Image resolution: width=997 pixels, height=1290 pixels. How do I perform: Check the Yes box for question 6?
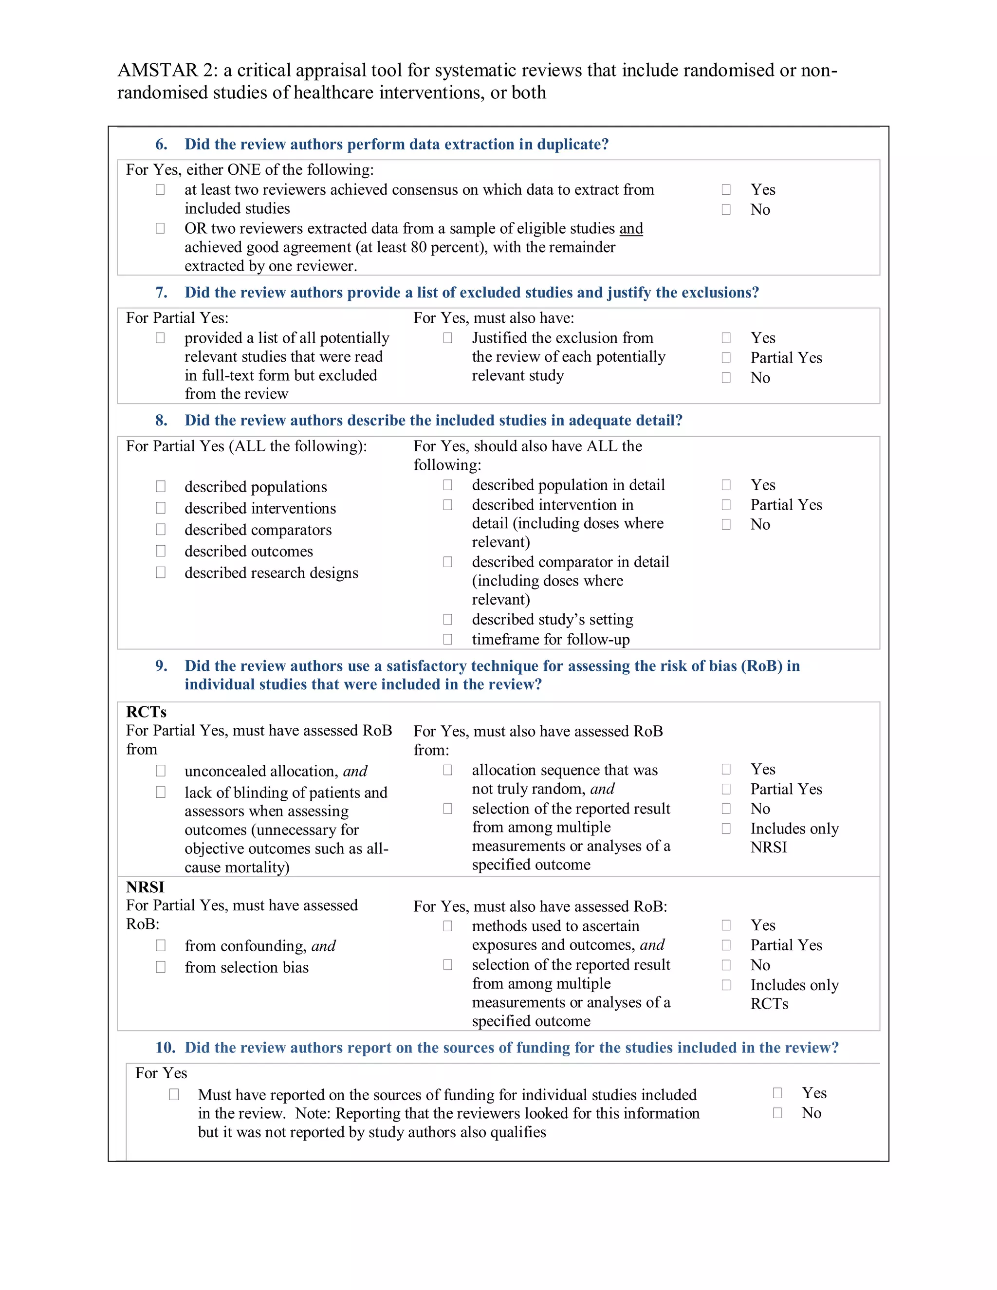(726, 189)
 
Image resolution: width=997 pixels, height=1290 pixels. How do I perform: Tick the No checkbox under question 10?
(777, 1113)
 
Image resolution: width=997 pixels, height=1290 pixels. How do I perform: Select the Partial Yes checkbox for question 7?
(726, 358)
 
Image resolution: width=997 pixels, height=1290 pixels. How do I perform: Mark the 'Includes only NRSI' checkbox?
(726, 829)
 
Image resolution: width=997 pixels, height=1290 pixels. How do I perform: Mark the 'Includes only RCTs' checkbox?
(726, 985)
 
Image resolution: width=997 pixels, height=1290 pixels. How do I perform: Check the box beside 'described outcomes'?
(161, 551)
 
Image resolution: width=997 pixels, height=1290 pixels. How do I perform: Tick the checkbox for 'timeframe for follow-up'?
(448, 639)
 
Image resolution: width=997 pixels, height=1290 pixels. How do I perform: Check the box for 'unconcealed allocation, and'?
(161, 771)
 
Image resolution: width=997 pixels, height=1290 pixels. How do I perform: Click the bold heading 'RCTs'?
(146, 712)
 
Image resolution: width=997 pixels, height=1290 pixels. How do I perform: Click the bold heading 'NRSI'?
(145, 887)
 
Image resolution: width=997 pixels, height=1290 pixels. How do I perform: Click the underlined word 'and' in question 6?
(631, 229)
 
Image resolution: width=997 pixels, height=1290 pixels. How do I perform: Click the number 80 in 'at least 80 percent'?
(418, 247)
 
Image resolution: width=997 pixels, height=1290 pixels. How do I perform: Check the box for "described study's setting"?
(448, 619)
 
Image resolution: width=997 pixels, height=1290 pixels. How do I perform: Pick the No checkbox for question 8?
(726, 524)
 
